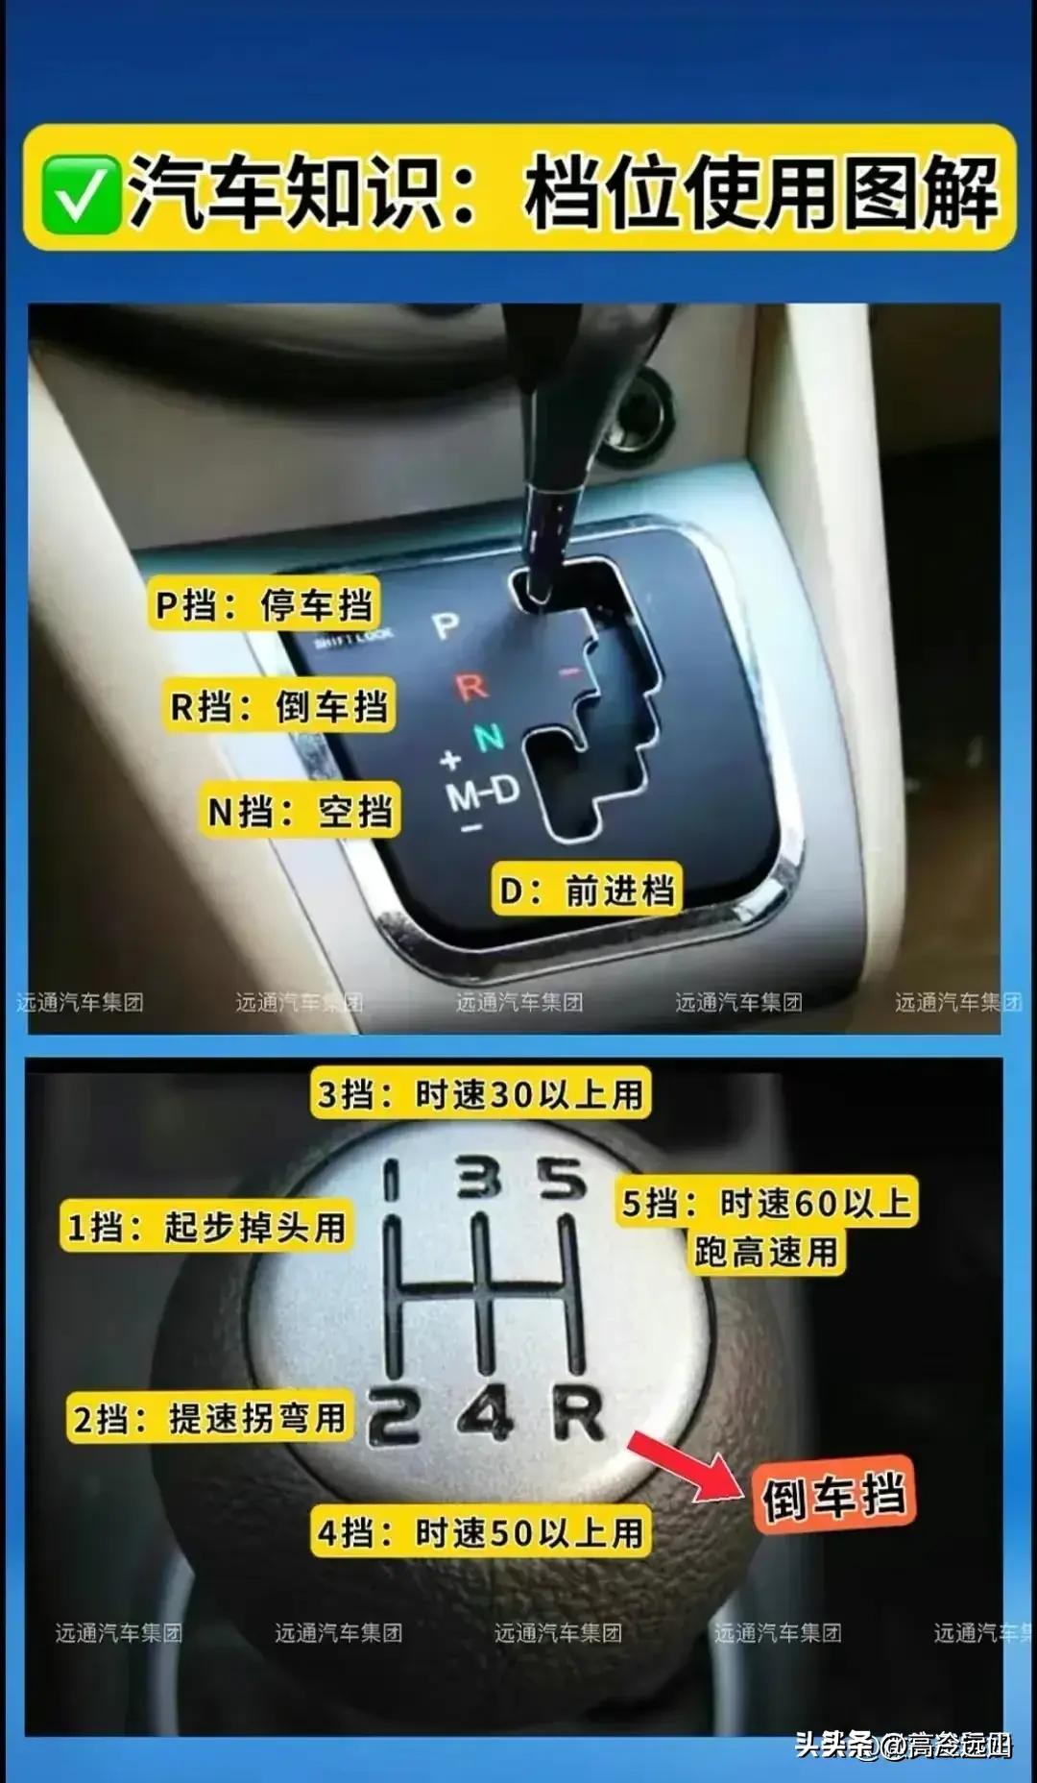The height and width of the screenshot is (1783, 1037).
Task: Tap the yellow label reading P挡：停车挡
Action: (264, 605)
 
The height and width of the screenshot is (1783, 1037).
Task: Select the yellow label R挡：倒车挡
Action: (278, 707)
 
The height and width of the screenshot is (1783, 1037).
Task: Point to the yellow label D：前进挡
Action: (587, 891)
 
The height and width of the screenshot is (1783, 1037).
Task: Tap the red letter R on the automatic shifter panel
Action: (471, 687)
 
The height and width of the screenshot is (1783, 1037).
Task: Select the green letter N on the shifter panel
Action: (489, 738)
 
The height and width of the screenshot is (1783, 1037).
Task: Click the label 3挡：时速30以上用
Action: (480, 1094)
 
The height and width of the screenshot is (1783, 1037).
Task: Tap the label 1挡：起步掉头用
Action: (206, 1226)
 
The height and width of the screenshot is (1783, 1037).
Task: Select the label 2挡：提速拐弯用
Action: (209, 1418)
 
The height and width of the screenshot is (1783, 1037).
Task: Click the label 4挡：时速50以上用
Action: (480, 1531)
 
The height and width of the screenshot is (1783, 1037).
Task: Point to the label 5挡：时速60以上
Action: (766, 1203)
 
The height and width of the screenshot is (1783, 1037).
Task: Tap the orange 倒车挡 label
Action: (833, 1497)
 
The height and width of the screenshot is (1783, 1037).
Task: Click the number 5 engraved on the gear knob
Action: (562, 1179)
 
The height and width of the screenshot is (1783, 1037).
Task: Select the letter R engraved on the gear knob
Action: (578, 1414)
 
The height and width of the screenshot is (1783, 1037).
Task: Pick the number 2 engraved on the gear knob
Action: (394, 1418)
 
